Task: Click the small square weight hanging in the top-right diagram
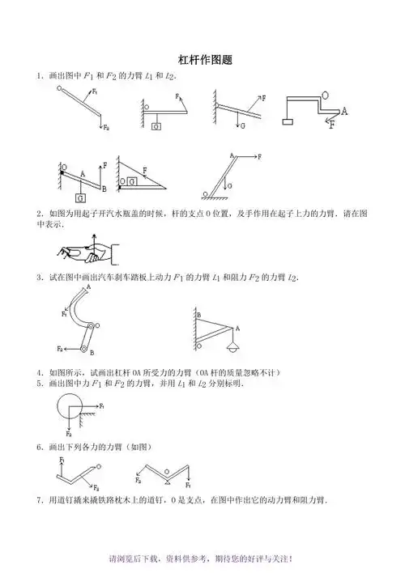[288, 122]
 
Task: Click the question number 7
[38, 501]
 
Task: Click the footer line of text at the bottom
[202, 559]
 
